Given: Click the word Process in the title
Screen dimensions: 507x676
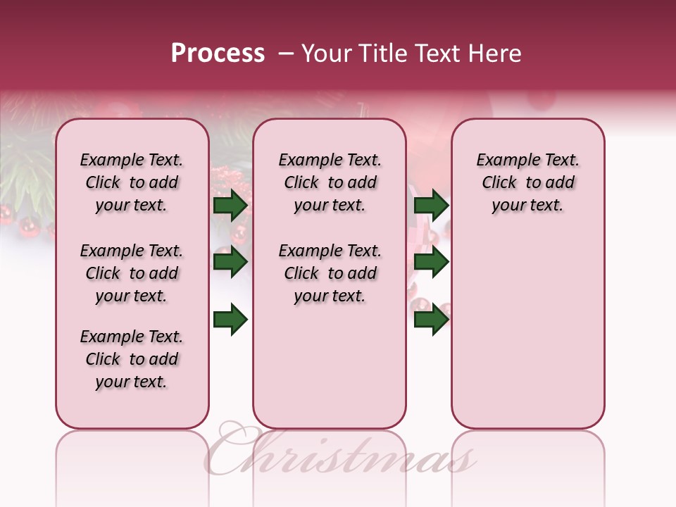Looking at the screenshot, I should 218,54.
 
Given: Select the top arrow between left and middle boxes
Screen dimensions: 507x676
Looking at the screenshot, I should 230,205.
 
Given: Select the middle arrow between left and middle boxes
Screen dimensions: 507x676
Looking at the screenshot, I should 230,262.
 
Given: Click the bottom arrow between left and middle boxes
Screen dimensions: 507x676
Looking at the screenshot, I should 230,320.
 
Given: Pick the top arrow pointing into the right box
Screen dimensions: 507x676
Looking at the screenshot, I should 431,205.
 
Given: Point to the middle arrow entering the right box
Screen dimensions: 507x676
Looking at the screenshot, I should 431,262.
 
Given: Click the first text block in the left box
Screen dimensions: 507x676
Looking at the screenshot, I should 132,182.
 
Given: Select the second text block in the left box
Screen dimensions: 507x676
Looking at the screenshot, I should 132,273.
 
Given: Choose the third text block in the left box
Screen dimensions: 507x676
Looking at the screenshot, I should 132,359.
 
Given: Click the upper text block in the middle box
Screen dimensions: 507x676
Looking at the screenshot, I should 330,182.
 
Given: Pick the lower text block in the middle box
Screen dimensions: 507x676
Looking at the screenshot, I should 330,273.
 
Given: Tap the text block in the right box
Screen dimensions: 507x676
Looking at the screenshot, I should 527,182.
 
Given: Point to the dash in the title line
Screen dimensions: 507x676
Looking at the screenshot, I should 286,54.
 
